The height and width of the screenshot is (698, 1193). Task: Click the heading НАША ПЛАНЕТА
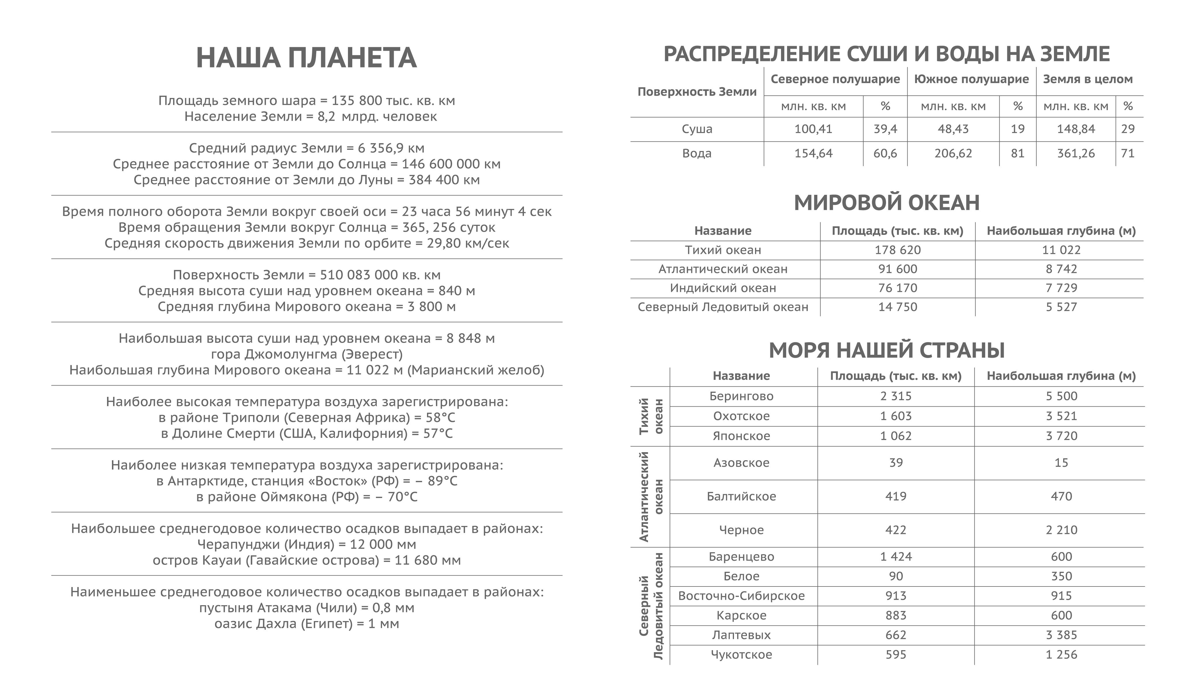(x=306, y=58)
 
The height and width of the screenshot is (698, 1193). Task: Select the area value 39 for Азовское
(x=896, y=463)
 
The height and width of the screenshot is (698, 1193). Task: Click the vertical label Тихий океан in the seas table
(x=651, y=416)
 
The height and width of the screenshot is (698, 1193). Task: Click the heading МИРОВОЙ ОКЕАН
(x=886, y=202)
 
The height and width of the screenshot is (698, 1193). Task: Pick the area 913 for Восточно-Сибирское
(x=896, y=596)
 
